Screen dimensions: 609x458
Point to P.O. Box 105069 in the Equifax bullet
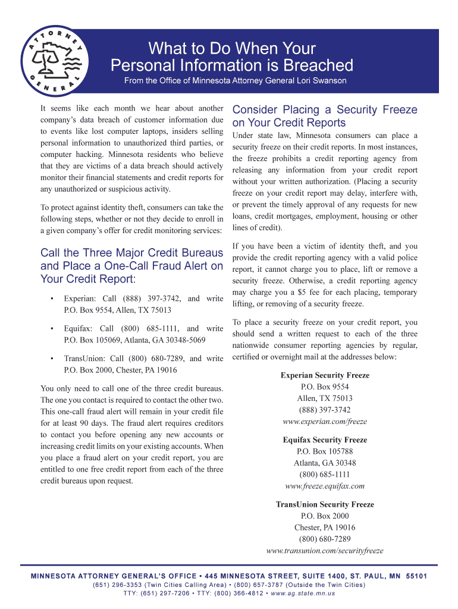click(96, 340)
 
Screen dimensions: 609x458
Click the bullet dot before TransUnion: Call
click(53, 359)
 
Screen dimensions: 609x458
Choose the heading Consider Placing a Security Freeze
click(324, 110)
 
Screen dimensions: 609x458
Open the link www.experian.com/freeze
click(325, 422)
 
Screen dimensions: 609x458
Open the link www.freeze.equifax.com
click(325, 486)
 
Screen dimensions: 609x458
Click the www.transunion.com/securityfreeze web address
click(325, 551)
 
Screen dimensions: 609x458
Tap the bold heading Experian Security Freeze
click(325, 375)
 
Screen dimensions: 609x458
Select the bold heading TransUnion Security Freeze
click(325, 504)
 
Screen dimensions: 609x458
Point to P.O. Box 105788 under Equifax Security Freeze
click(325, 451)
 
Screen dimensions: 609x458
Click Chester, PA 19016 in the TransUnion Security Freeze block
click(325, 528)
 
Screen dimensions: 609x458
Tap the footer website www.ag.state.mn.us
click(303, 594)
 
